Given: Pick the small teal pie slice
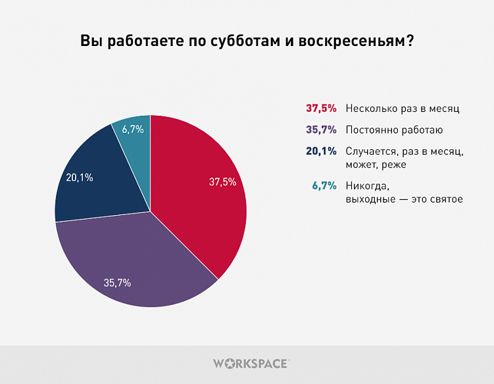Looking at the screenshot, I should click(134, 132).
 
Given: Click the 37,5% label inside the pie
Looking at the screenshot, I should click(222, 182).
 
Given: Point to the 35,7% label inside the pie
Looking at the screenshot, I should click(117, 283).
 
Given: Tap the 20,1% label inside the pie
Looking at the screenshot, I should click(79, 177).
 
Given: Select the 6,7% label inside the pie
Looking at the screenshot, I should click(134, 129).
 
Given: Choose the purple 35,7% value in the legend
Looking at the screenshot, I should click(321, 130).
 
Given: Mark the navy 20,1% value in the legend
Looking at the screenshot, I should click(321, 151).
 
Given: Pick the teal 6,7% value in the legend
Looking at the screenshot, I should click(324, 185).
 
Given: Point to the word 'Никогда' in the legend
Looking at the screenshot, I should click(363, 185).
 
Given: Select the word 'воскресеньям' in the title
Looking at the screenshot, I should click(355, 41).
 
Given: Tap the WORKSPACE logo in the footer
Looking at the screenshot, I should click(251, 363).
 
